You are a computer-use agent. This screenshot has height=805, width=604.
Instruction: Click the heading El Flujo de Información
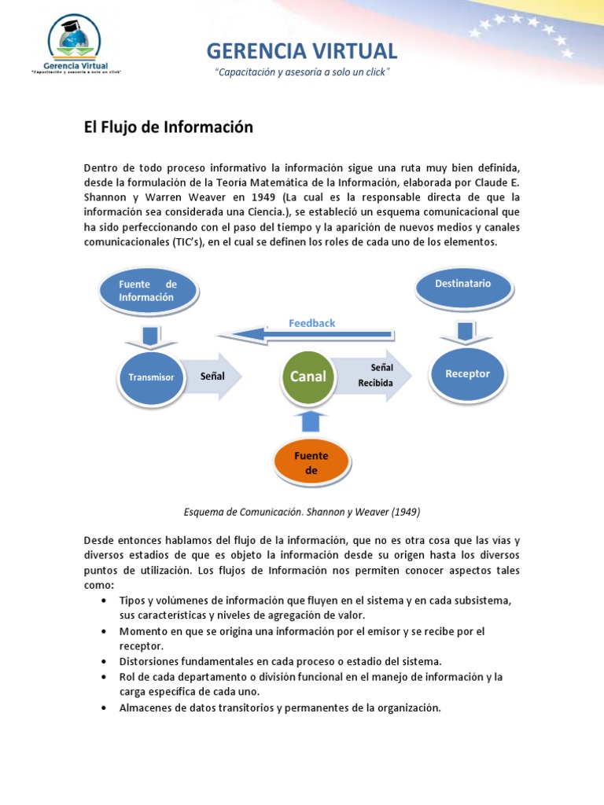pyautogui.click(x=168, y=127)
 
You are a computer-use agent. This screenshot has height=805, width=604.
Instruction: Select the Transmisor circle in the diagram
pyautogui.click(x=151, y=378)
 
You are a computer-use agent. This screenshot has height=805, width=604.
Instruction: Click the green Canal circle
pyautogui.click(x=308, y=377)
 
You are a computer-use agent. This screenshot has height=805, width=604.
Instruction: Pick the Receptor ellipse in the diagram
pyautogui.click(x=467, y=374)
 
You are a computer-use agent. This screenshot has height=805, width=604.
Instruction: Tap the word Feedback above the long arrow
pyautogui.click(x=311, y=323)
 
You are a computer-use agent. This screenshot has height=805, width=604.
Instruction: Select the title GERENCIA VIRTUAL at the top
pyautogui.click(x=302, y=51)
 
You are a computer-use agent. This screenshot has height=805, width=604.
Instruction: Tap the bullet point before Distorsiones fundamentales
pyautogui.click(x=105, y=661)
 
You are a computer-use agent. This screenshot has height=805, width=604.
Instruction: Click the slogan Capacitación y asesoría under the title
pyautogui.click(x=302, y=72)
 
